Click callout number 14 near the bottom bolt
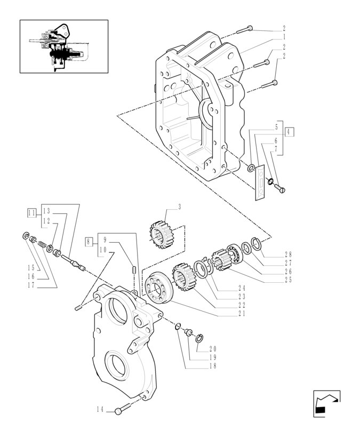coord(100,410)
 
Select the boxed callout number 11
coord(31,212)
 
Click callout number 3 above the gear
coord(179,207)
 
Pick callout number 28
coord(288,255)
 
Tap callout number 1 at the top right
coord(284,37)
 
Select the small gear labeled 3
coord(161,235)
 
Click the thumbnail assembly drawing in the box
coord(63,46)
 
